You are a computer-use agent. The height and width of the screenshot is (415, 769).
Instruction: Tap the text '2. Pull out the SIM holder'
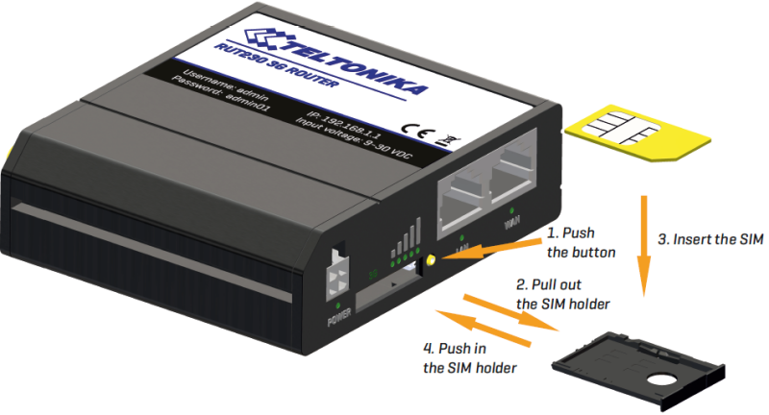tap(572, 295)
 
